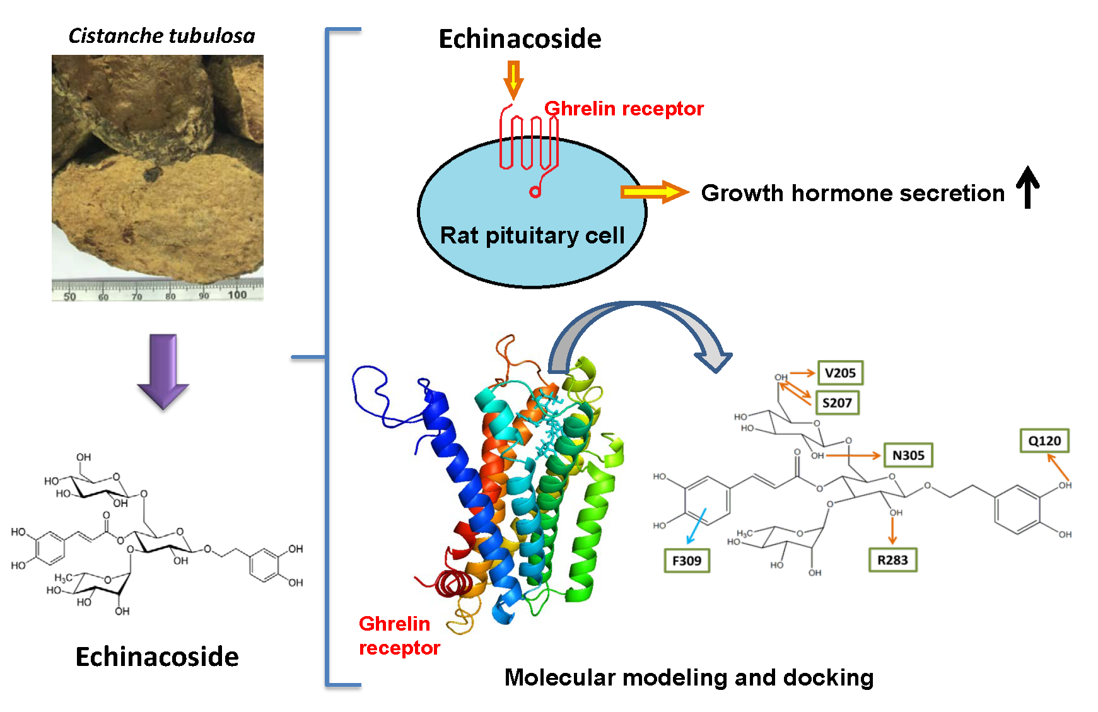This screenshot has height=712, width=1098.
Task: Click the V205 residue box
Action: pos(840,373)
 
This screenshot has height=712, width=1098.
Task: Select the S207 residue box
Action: pos(837,403)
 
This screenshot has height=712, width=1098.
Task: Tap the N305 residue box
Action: pos(908,455)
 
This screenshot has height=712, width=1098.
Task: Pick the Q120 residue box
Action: pos(1044,441)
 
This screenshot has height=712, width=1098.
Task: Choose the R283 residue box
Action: pos(892,560)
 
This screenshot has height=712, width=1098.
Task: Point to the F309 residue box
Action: pos(687,561)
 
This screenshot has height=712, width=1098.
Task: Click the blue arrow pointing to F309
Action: pos(696,527)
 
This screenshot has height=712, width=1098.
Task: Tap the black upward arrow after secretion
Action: pos(1027,187)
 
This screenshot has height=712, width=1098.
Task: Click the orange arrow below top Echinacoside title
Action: pos(513,79)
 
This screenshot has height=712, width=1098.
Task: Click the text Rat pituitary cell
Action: pos(532,235)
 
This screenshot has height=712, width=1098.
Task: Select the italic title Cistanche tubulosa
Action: pos(161,36)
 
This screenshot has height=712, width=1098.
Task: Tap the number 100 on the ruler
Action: pos(237,295)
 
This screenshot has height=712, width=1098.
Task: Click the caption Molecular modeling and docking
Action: pos(689,677)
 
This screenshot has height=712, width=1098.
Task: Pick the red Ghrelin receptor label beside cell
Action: pos(624,108)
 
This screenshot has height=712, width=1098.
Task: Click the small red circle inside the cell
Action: pos(535,192)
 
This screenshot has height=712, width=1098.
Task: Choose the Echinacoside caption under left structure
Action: pos(157,657)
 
